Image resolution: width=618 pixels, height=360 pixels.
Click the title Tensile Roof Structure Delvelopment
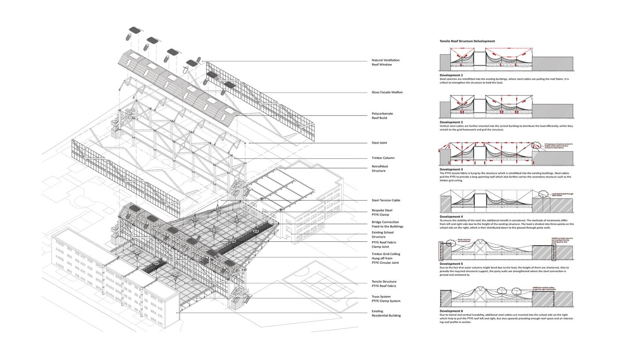tap(467, 41)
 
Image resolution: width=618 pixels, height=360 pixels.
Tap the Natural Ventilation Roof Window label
tap(385, 62)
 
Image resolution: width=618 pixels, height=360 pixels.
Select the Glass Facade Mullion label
tap(387, 92)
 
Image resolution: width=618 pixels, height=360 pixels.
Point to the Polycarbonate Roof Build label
tap(382, 116)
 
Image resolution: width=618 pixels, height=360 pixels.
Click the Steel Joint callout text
tap(379, 142)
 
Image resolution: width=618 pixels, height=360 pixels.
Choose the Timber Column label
tap(383, 157)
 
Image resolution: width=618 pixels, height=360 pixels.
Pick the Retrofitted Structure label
tap(380, 169)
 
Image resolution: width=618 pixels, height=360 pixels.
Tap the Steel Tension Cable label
tap(386, 200)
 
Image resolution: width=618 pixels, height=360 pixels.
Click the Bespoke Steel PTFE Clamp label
tap(382, 213)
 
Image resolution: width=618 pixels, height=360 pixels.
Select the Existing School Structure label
tap(382, 235)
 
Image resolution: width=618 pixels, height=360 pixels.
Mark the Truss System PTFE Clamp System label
tap(386, 299)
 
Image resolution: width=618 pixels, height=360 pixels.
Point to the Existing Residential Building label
tap(386, 313)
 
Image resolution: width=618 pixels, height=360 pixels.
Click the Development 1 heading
tap(451, 75)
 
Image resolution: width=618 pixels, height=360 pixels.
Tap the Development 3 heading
tap(451, 169)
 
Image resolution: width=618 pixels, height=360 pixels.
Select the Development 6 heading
tap(451, 311)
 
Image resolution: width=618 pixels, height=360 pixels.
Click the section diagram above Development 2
tap(506, 106)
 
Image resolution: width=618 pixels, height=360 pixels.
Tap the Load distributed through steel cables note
tap(562, 194)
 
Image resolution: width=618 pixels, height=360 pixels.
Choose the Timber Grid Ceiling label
tap(385, 258)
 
